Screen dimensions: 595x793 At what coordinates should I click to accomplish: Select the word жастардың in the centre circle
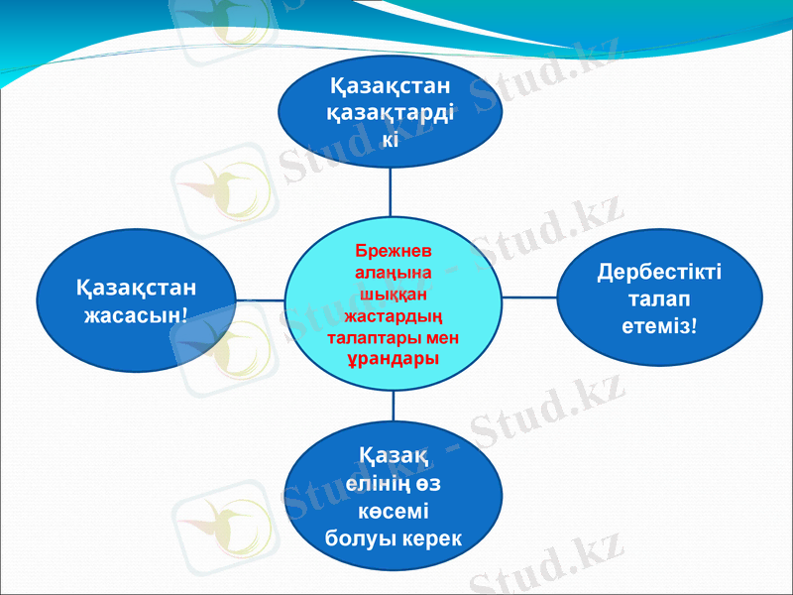point(393,317)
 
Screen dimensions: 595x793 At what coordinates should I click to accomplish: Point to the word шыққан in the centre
point(393,295)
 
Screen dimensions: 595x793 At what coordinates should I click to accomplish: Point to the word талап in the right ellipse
point(659,297)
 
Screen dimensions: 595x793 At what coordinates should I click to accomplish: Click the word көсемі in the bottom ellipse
point(393,513)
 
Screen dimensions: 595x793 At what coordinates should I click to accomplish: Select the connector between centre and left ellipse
point(260,298)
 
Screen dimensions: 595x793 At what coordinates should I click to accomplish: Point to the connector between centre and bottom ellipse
point(394,405)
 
